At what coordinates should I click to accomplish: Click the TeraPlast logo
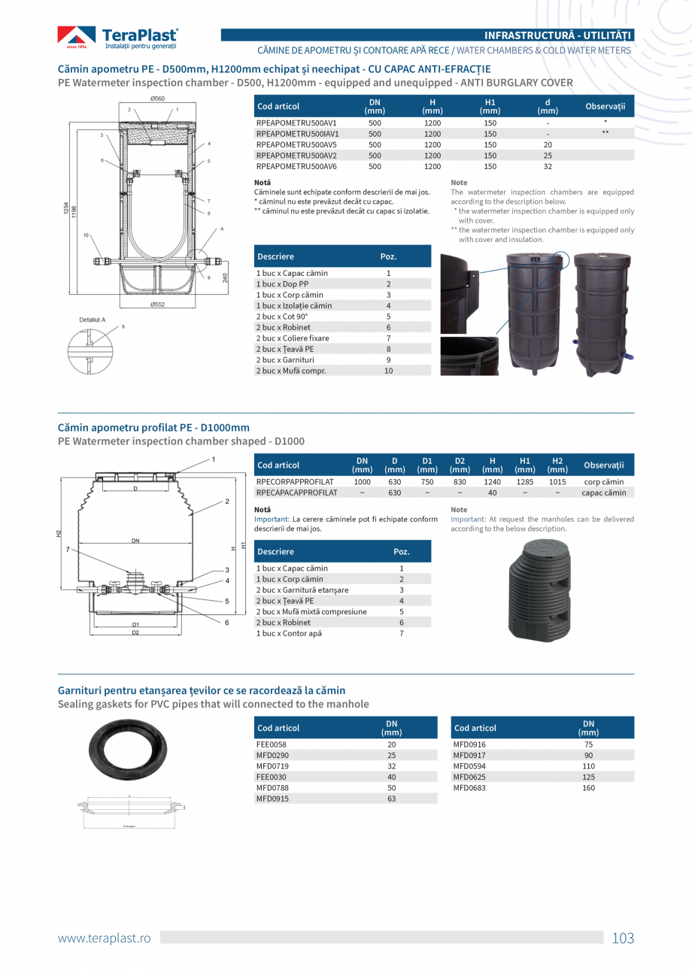pyautogui.click(x=118, y=37)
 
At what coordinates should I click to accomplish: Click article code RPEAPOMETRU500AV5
pyautogui.click(x=296, y=144)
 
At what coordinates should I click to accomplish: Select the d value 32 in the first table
pyautogui.click(x=548, y=166)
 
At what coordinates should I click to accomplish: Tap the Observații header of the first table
pyautogui.click(x=605, y=107)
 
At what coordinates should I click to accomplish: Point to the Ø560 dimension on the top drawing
pyautogui.click(x=157, y=99)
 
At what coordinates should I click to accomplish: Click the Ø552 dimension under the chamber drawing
pyautogui.click(x=157, y=305)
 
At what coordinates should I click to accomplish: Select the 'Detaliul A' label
pyautogui.click(x=93, y=320)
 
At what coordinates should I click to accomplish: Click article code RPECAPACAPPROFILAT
pyautogui.click(x=296, y=493)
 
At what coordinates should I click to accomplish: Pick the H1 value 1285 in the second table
pyautogui.click(x=524, y=482)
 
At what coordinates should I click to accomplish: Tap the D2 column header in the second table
pyautogui.click(x=460, y=465)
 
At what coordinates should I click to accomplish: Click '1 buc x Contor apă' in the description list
pyautogui.click(x=289, y=633)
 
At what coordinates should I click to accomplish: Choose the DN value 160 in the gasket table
pyautogui.click(x=588, y=788)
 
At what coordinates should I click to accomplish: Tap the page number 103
pyautogui.click(x=623, y=938)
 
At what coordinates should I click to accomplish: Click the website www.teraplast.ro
pyautogui.click(x=105, y=938)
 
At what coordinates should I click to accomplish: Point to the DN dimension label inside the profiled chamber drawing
pyautogui.click(x=135, y=540)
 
